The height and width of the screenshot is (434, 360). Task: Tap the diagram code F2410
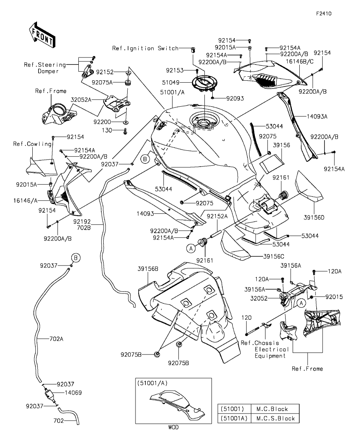[x=323, y=13]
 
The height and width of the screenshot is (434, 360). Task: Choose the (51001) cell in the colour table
[x=233, y=409]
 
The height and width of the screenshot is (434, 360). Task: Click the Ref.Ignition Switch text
[x=145, y=48]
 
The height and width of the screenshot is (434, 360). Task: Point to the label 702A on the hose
[x=56, y=338]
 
